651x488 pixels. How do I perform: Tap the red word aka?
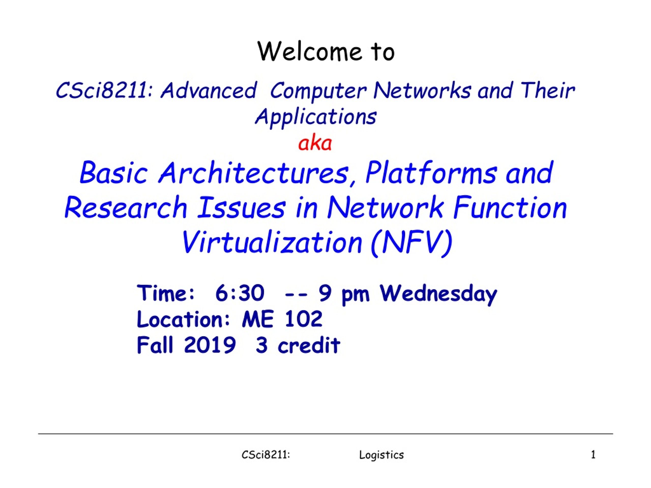click(x=315, y=143)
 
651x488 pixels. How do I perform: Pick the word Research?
click(x=126, y=207)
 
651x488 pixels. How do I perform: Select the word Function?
click(x=510, y=207)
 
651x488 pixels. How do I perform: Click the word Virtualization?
click(x=272, y=242)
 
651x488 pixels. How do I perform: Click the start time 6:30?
click(x=240, y=293)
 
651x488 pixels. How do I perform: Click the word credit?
click(x=309, y=344)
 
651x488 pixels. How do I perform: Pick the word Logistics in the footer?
click(x=381, y=455)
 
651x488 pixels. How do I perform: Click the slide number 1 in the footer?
click(x=593, y=455)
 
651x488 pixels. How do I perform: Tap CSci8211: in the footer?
click(x=266, y=455)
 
